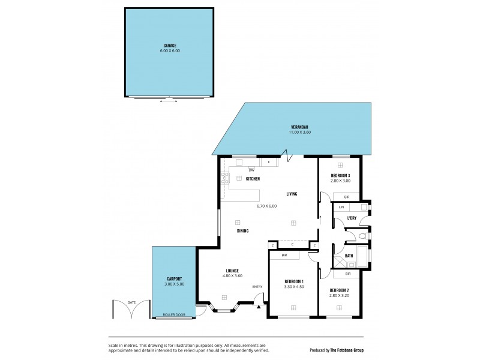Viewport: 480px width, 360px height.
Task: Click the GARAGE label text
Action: (x=170, y=46)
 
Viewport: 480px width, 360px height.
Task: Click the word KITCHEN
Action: (x=253, y=178)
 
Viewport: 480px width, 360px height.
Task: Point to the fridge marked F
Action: (x=269, y=163)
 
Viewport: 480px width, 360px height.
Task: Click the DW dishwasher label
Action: (x=243, y=170)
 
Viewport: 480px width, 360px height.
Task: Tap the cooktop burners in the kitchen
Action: (x=225, y=177)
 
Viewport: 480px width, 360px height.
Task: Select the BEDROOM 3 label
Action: (x=340, y=175)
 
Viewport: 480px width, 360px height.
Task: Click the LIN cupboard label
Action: (x=341, y=207)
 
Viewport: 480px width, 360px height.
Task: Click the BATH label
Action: (x=349, y=256)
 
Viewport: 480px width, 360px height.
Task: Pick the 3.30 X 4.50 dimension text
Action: (x=294, y=287)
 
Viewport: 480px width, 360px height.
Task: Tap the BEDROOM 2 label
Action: (x=340, y=290)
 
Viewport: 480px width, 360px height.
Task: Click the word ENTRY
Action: (x=257, y=286)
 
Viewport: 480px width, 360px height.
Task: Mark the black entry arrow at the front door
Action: (x=259, y=306)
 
